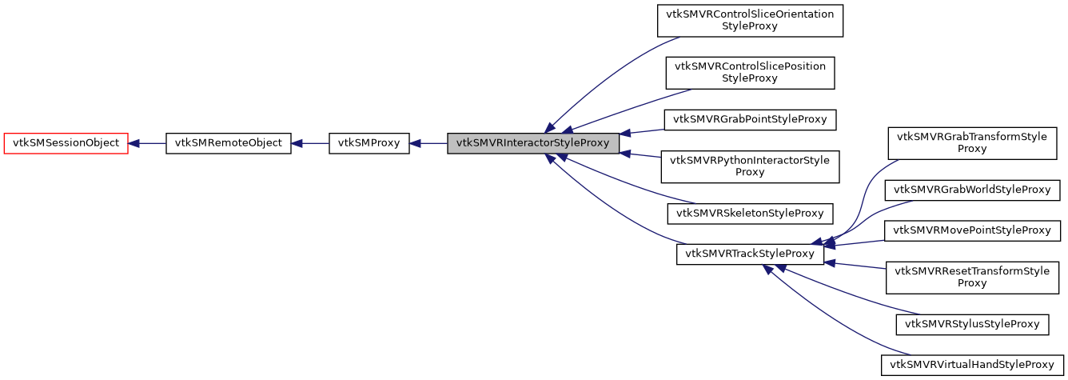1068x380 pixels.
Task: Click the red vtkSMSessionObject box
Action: pos(66,144)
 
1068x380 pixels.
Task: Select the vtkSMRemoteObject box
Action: pos(228,144)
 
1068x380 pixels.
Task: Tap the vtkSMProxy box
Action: pos(369,144)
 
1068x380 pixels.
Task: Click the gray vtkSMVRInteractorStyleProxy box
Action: pos(533,144)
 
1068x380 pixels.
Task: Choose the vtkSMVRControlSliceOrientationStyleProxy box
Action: pos(750,20)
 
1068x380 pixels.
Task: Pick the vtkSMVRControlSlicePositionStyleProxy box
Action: pos(750,73)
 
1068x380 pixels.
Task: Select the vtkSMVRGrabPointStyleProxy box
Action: pos(750,120)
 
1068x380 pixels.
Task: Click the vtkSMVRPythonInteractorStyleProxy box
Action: pos(750,166)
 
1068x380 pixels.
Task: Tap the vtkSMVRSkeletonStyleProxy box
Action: pos(750,214)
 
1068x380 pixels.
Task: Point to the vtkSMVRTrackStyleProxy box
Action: pos(750,254)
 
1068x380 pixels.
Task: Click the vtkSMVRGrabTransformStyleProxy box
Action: pos(972,143)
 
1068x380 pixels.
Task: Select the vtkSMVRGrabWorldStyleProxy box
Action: pos(972,190)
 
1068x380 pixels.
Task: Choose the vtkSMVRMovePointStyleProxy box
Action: pos(972,230)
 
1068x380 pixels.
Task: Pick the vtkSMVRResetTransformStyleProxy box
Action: pos(972,277)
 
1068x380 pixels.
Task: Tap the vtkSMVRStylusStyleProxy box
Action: pos(972,324)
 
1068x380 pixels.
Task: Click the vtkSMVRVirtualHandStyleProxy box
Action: pos(972,365)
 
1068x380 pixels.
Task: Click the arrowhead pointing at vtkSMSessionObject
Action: pos(135,144)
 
